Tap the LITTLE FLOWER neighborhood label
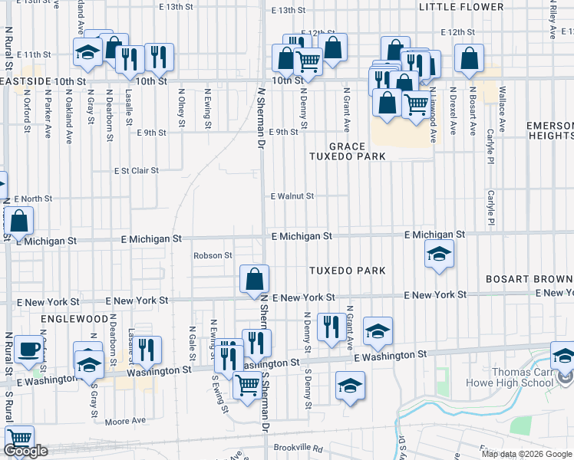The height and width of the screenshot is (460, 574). [x=461, y=8]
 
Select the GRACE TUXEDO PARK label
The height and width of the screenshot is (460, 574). [x=346, y=151]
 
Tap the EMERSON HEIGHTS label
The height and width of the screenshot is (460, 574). [x=550, y=130]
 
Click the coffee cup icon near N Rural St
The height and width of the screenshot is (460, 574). [x=30, y=349]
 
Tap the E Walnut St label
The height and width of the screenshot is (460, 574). [x=292, y=196]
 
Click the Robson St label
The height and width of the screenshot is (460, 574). [x=213, y=255]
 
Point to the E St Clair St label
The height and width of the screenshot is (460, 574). [x=136, y=171]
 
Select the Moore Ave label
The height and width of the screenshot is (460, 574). [x=126, y=421]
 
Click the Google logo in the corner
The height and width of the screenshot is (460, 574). [x=25, y=452]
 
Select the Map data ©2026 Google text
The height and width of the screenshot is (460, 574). [x=526, y=454]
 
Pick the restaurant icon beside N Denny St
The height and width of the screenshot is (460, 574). [x=331, y=328]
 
